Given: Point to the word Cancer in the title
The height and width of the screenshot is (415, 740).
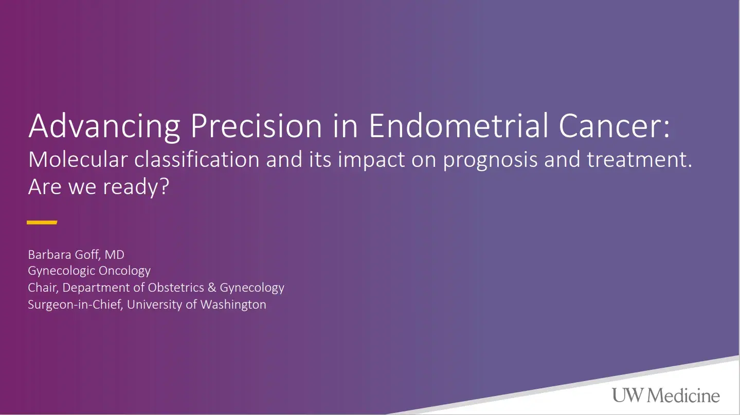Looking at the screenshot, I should point(612,126).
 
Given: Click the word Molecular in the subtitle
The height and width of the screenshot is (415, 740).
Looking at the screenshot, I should point(78,160).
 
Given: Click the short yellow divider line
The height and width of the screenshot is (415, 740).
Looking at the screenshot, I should point(42,222).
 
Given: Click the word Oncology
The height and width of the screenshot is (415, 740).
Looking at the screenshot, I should point(125,271).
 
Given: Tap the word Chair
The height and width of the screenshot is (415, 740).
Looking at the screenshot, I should point(43,287).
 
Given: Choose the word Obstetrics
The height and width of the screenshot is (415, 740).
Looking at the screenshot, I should point(176,287).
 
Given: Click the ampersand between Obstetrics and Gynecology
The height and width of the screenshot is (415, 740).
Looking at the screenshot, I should point(212,287).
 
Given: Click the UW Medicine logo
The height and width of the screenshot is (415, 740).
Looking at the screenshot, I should point(665,396).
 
